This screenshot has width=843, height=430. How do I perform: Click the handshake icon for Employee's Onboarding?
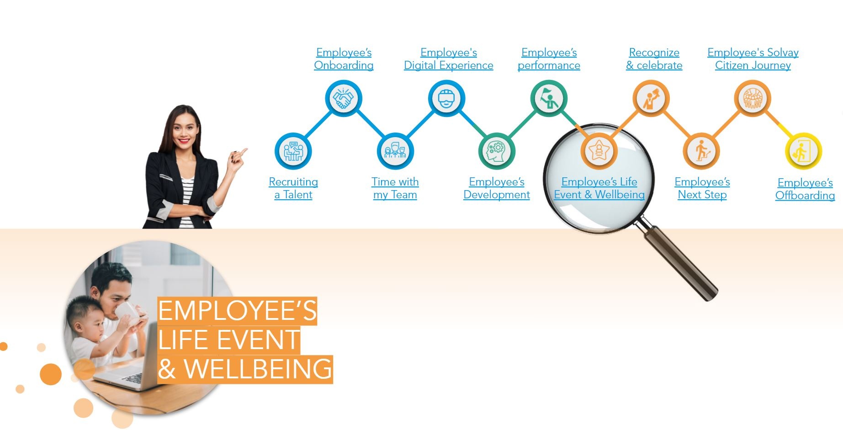coord(344,98)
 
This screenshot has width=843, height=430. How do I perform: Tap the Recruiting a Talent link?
coord(293,188)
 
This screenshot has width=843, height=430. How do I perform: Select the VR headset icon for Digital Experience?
coord(446,98)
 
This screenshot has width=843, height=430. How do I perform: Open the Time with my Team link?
coord(395,188)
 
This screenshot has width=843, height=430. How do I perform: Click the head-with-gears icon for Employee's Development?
coord(497,151)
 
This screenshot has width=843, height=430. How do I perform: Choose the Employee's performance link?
coord(549,59)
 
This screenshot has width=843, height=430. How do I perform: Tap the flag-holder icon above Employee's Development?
coord(549,98)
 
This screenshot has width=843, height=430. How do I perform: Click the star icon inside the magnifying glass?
coord(599,150)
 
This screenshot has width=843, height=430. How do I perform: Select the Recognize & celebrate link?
coord(654,59)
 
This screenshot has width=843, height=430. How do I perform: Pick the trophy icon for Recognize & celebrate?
coord(651,98)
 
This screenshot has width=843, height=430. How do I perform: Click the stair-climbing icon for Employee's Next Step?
coord(701,151)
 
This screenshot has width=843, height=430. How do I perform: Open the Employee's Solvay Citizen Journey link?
coord(753,59)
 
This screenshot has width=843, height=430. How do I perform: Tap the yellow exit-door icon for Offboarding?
coord(803,151)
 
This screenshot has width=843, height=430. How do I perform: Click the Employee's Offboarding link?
coord(805,189)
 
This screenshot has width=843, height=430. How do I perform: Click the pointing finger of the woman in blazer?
coord(244,150)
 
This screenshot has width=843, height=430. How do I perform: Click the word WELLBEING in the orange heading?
coord(258,369)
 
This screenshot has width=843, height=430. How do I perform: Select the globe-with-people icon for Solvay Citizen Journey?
coord(753,98)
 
